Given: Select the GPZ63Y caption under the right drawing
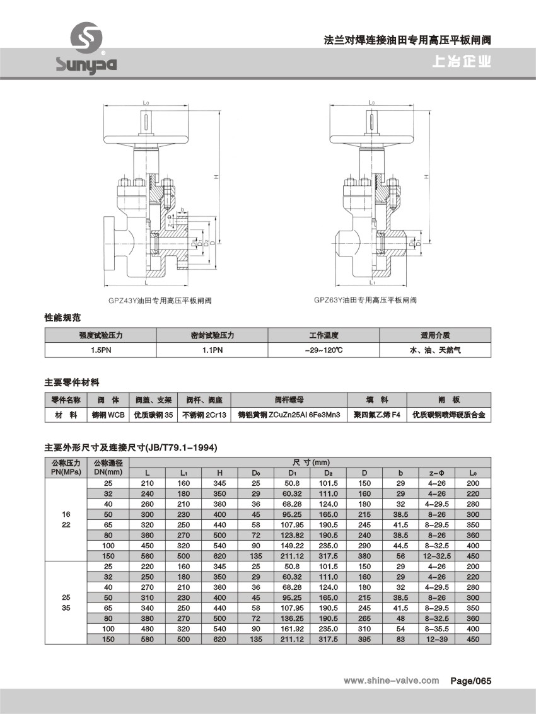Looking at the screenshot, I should (365, 301).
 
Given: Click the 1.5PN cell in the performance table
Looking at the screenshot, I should (101, 350).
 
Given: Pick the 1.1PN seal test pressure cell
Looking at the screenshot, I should (213, 350).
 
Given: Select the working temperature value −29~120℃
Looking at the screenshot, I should (324, 350).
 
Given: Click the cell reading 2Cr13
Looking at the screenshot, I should (204, 415).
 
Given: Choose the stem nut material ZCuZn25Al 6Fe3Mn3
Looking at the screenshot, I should (289, 415).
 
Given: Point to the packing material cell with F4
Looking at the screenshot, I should (376, 415).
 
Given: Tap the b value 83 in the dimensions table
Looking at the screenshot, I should (401, 639).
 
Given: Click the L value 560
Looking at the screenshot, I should (147, 556).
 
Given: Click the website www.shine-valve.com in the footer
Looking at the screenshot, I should (391, 681).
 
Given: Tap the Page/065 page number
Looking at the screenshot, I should (470, 681).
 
